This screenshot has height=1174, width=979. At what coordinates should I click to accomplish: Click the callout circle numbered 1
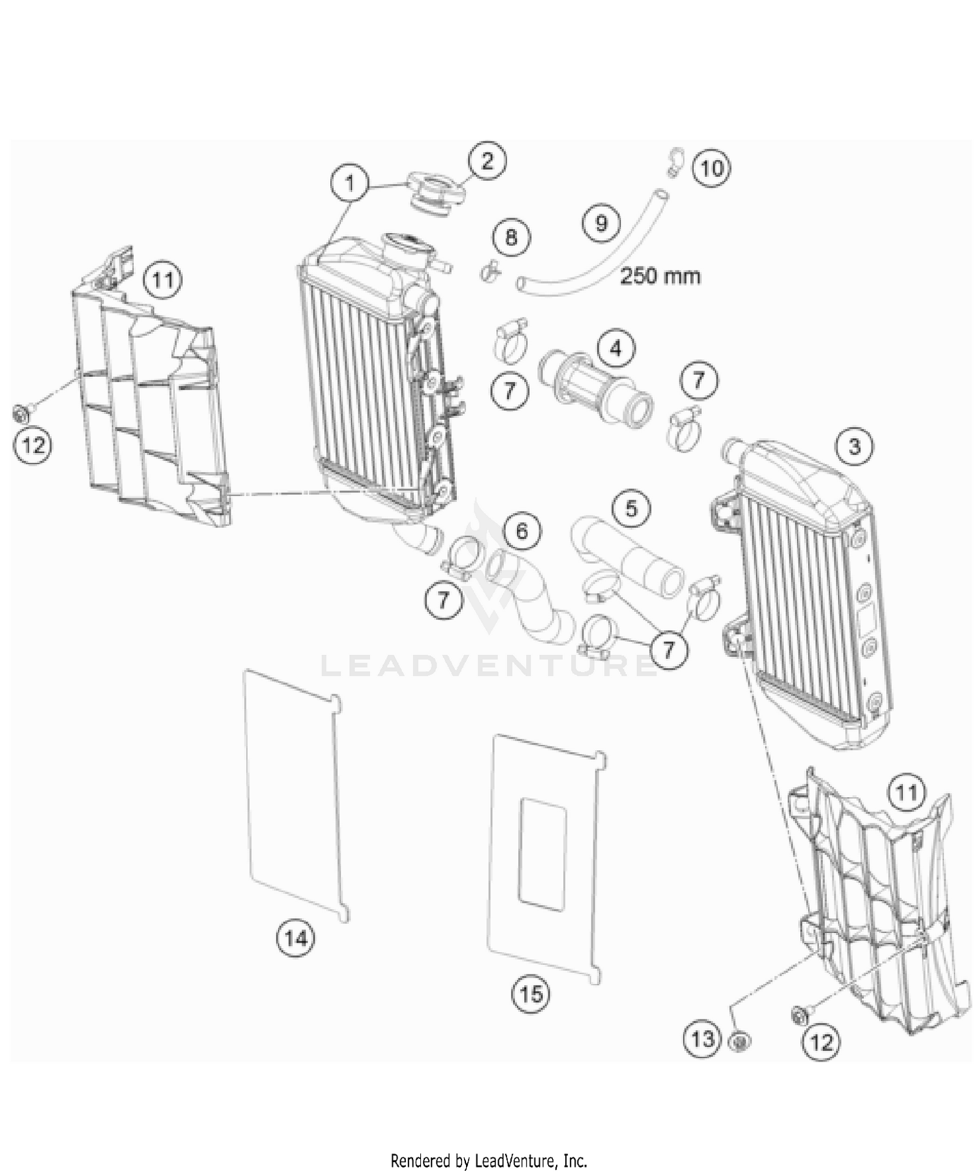click(350, 183)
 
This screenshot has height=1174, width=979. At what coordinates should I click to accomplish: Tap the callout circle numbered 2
click(488, 161)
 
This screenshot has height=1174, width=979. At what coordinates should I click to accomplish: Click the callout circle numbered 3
click(854, 447)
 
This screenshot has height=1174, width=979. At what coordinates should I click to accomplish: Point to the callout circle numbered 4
click(615, 349)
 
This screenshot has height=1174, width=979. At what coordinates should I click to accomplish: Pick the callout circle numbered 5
click(630, 507)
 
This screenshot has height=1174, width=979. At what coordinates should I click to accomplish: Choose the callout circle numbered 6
click(521, 530)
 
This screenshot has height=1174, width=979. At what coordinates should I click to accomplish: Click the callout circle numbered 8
click(511, 236)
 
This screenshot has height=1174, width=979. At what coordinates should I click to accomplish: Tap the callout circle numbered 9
click(600, 223)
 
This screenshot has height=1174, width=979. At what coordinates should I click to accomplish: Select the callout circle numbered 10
click(711, 168)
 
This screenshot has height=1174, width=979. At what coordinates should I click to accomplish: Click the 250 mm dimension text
click(660, 276)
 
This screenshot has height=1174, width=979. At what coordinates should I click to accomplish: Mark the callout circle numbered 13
click(703, 1038)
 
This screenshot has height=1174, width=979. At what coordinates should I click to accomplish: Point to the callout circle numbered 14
click(296, 938)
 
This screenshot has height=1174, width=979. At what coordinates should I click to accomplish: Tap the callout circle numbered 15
click(531, 994)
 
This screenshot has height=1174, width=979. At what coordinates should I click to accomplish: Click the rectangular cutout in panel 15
click(542, 853)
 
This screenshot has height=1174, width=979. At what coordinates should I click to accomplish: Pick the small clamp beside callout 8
click(488, 270)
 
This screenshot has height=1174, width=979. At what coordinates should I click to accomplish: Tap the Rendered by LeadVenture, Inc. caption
click(489, 1160)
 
